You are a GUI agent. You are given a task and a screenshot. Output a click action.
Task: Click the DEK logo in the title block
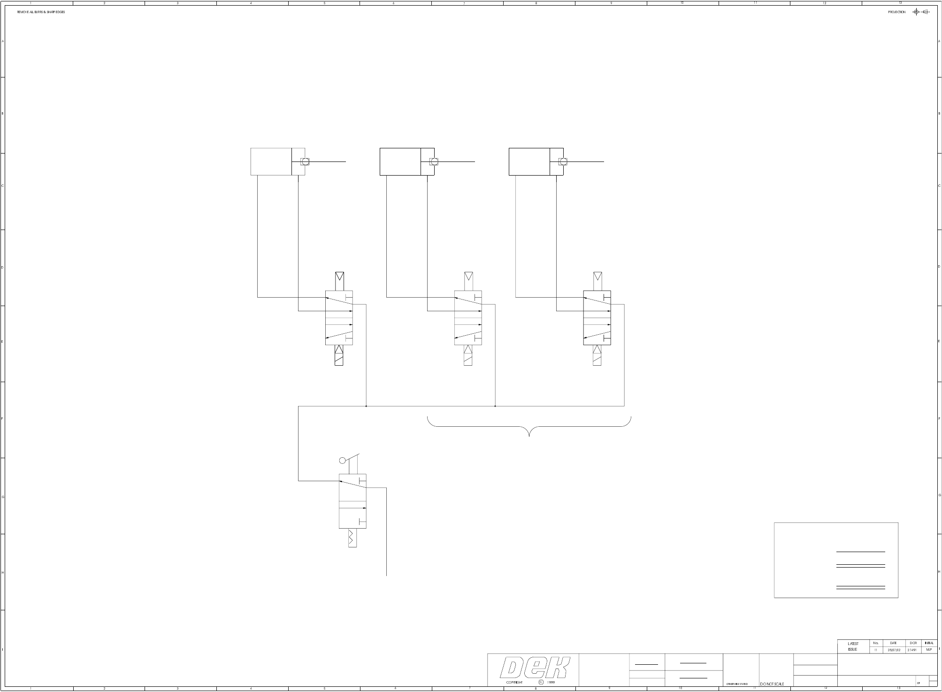pyautogui.click(x=535, y=667)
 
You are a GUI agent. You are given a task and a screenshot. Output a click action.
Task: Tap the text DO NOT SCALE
pyautogui.click(x=772, y=684)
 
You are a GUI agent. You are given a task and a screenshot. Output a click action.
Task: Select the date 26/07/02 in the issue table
pyautogui.click(x=894, y=650)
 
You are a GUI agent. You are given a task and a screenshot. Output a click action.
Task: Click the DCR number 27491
pyautogui.click(x=912, y=650)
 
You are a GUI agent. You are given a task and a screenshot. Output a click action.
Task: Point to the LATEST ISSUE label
pyautogui.click(x=853, y=646)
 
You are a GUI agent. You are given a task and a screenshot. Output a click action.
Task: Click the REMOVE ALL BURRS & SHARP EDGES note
pyautogui.click(x=41, y=12)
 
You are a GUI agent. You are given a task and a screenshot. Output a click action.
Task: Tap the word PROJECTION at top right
pyautogui.click(x=896, y=12)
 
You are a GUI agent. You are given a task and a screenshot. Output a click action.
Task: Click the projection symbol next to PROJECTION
pyautogui.click(x=920, y=12)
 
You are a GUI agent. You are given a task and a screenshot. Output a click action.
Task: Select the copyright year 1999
pyautogui.click(x=551, y=683)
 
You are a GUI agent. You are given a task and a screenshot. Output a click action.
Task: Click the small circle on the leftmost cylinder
pyautogui.click(x=305, y=161)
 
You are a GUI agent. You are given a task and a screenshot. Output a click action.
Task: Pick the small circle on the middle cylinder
pyautogui.click(x=434, y=161)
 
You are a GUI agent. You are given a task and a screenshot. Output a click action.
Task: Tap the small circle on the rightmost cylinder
pyautogui.click(x=563, y=161)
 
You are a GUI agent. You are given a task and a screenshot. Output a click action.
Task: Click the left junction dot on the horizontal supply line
pyautogui.click(x=366, y=406)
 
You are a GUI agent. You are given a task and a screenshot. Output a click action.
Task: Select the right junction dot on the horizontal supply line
pyautogui.click(x=495, y=406)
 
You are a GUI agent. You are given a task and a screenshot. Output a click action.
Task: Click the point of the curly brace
pyautogui.click(x=529, y=435)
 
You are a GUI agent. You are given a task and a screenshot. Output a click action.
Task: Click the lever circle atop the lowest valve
pyautogui.click(x=343, y=461)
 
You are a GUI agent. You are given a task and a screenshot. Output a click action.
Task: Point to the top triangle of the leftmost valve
pyautogui.click(x=339, y=276)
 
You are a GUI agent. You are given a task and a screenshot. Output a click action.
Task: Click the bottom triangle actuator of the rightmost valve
pyautogui.click(x=597, y=350)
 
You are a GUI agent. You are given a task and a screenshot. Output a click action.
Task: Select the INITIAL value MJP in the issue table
pyautogui.click(x=928, y=650)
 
